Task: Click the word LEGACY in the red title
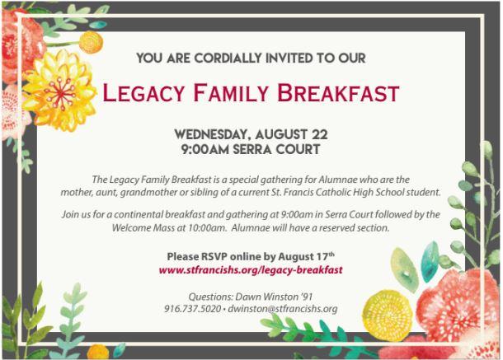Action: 143,93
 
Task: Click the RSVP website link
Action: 251,270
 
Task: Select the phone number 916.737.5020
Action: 192,309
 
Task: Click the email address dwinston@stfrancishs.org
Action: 283,309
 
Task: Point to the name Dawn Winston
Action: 262,297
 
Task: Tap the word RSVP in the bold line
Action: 214,256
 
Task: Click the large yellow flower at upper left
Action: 59,91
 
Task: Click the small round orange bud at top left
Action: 91,42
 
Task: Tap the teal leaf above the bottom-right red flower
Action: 430,261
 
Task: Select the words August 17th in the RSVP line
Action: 307,256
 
